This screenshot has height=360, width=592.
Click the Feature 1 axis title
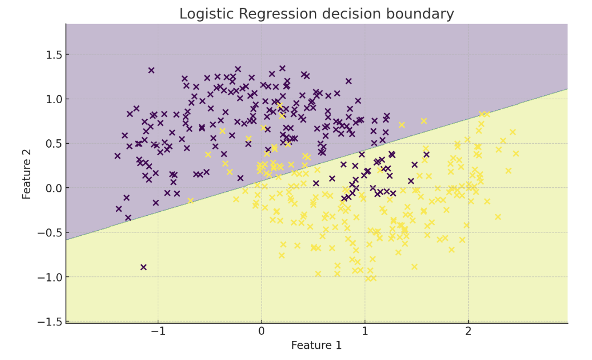pos(316,346)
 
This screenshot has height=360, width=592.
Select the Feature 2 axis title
pos(26,173)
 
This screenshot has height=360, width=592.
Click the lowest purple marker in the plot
pos(143,267)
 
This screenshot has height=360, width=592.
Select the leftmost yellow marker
pos(191,201)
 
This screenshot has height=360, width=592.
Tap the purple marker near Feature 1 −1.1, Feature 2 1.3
pos(151,70)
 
